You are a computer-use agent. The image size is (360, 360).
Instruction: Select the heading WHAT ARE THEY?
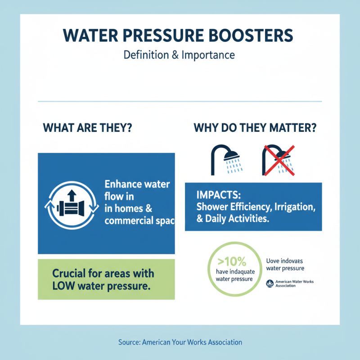[x=87, y=127]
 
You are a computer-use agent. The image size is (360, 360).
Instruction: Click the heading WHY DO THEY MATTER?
[x=255, y=127]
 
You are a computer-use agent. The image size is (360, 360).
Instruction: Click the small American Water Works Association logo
[x=270, y=283]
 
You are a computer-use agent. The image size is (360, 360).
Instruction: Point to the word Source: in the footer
[x=129, y=342]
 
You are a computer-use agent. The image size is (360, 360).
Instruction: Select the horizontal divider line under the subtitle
[x=180, y=101]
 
